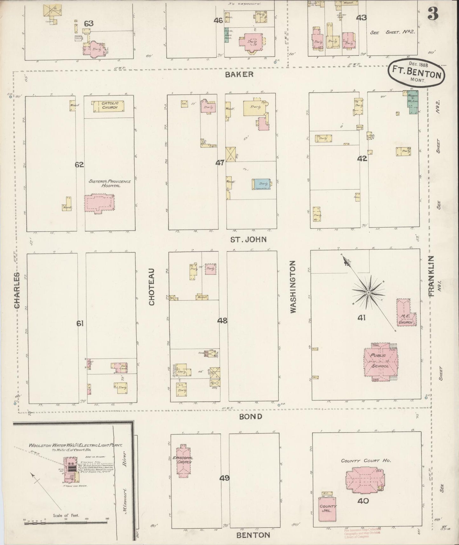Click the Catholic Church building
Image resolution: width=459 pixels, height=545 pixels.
point(108,107)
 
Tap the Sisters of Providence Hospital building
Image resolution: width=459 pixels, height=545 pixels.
point(98,203)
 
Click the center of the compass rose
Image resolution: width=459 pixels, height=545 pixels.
point(368,292)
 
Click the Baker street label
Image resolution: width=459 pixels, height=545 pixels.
point(244,75)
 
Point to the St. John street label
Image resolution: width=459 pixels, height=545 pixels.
point(249,239)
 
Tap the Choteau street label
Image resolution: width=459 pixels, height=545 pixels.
point(152,287)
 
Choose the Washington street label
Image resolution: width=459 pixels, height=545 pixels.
point(293,287)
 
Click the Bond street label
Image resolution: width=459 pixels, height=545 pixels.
point(251,417)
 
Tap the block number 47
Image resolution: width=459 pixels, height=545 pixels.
point(220,163)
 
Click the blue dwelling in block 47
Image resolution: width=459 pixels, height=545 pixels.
point(261,184)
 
